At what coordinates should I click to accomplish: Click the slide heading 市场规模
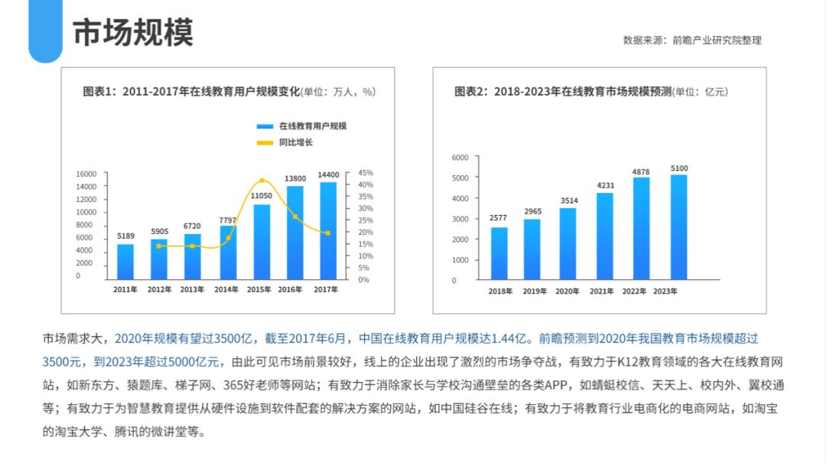coord(133,33)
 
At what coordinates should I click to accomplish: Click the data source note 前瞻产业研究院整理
coord(717,40)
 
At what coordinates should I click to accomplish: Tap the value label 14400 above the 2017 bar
coord(328,175)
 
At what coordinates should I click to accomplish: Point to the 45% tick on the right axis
coord(366,173)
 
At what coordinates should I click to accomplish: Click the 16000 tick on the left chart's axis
coord(86,174)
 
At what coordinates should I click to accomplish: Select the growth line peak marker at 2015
coord(262,181)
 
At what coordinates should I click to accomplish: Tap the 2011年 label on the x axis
coord(125,289)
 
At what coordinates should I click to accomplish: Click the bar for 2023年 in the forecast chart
coord(678,227)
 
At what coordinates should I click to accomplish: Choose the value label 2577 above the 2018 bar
coord(499,218)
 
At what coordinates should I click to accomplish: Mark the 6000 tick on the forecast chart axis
coord(460,158)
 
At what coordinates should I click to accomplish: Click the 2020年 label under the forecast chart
coord(567,292)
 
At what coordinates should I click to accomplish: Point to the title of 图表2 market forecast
coord(590,92)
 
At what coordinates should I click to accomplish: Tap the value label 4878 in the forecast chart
coord(641,172)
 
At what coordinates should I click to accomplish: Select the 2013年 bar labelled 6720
coord(193,256)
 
